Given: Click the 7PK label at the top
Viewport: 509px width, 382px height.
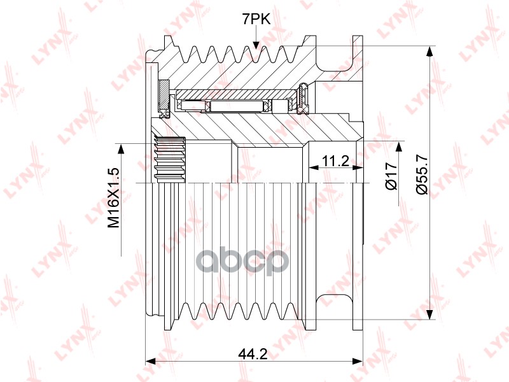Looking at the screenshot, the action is pyautogui.click(x=256, y=20).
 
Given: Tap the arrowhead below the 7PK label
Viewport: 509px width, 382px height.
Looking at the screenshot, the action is pyautogui.click(x=256, y=45).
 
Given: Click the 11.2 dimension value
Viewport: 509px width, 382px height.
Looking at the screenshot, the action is pyautogui.click(x=335, y=160).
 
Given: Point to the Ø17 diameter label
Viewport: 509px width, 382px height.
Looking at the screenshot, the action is pyautogui.click(x=391, y=176).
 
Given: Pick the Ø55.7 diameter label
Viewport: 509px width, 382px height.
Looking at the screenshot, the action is pyautogui.click(x=422, y=174).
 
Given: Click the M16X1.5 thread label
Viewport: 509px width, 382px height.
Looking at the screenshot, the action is pyautogui.click(x=115, y=198).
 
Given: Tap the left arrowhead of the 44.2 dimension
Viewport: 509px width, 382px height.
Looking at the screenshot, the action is pyautogui.click(x=150, y=361).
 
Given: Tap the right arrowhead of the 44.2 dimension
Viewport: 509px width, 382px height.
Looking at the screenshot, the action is pyautogui.click(x=358, y=361).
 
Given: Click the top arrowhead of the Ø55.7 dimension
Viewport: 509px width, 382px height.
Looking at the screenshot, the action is pyautogui.click(x=429, y=52).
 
